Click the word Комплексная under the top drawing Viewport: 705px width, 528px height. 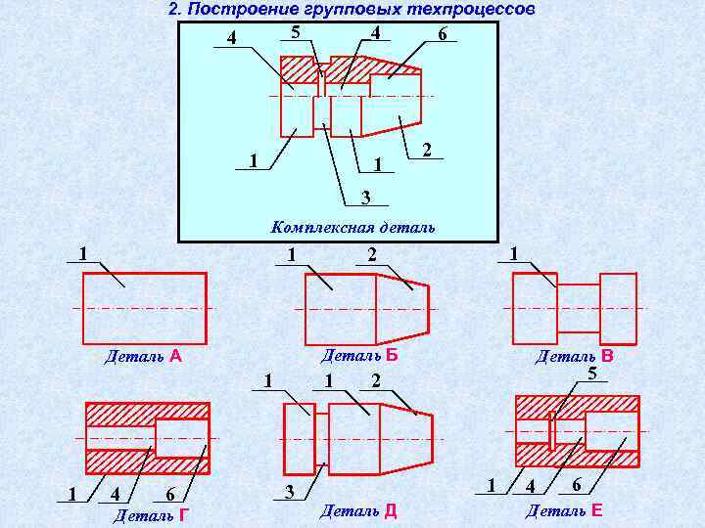pos(316,228)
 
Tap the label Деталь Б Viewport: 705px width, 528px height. pos(358,355)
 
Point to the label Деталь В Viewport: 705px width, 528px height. pos(574,357)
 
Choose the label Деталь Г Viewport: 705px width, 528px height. pos(152,514)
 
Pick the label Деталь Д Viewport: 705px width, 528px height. pos(358,510)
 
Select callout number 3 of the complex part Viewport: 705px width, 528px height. pos(364,198)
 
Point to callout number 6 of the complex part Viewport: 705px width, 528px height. pos(443,35)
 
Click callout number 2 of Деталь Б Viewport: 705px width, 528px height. pos(371,255)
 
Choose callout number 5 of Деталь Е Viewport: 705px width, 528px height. pos(592,374)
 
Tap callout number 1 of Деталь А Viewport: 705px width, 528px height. pos(84,253)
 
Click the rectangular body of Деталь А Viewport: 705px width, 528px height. pos(144,308)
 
